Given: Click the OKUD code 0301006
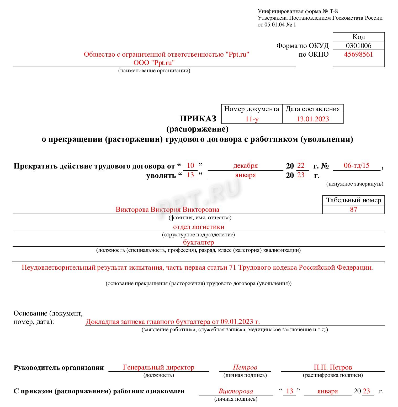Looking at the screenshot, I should [358, 46].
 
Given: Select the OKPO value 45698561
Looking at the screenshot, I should [358, 55].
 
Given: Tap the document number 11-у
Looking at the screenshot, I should [252, 119].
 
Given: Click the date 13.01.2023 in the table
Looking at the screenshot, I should [312, 119].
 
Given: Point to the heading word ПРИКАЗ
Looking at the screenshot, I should [198, 119].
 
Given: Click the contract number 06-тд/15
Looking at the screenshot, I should [356, 165].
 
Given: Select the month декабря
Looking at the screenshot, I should [245, 166].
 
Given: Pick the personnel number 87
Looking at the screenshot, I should [353, 209].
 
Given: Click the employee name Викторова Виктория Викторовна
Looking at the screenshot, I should [167, 209].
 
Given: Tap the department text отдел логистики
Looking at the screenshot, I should [199, 227].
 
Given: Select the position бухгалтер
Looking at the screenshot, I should [198, 242].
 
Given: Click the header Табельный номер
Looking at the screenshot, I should [353, 200].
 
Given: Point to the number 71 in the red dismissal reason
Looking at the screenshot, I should [233, 268].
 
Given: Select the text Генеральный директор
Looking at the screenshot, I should [158, 367].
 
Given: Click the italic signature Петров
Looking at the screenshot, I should [245, 367].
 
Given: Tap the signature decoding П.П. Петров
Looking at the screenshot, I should [333, 367].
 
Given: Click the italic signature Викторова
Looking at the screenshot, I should [236, 391].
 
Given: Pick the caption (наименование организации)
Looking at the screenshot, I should [154, 70].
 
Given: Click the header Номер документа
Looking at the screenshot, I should [252, 109].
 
